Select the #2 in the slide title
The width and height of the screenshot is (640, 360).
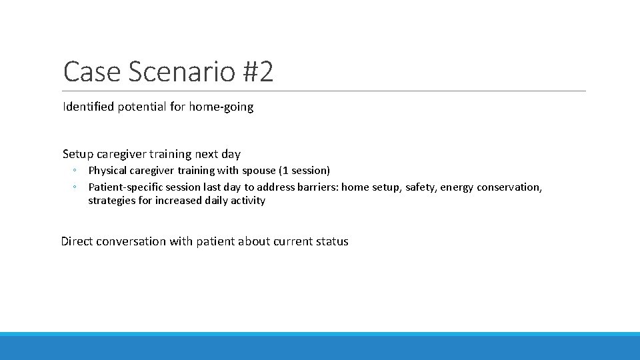[x=257, y=72]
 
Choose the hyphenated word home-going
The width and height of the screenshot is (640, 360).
[x=221, y=107]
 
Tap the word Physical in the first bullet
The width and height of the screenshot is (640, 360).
[x=107, y=171]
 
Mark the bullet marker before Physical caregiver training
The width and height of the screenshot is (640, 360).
[x=76, y=171]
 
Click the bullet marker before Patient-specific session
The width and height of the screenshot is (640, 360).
[x=76, y=187]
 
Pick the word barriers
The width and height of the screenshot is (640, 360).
[x=317, y=187]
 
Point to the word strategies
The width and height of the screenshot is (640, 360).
[x=109, y=201]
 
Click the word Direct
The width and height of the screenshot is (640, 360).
[x=77, y=241]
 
